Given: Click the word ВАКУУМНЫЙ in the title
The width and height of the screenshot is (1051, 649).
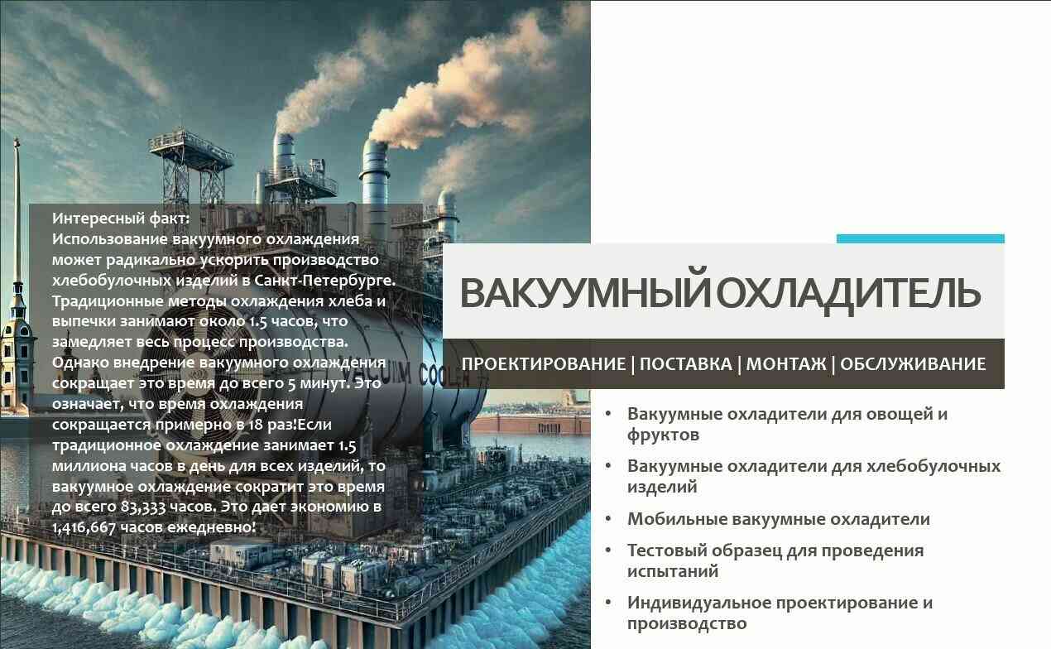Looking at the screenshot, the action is coord(585,292).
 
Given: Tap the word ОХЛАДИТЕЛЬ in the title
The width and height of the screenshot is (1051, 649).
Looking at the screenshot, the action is coord(849,294).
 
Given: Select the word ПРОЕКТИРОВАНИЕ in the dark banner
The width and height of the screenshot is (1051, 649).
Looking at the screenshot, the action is coord(544,364).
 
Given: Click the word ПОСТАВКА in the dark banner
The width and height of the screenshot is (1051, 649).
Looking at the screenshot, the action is coord(686,364).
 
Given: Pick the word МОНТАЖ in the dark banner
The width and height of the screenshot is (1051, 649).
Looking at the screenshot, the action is coord(786,364).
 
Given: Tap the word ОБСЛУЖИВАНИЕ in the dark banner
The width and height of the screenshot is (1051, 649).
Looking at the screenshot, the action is coord(913,364).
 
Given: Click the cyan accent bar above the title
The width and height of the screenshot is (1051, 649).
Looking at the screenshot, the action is coord(920,238).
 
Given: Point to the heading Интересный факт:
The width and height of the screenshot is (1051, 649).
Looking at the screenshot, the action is coord(121,219).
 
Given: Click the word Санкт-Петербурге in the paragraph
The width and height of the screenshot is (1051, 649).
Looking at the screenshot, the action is coord(324,281).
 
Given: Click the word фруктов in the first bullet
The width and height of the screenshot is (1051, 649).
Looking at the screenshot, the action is coord(663,435).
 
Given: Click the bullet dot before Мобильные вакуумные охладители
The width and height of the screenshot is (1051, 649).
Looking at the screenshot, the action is coord(608,518).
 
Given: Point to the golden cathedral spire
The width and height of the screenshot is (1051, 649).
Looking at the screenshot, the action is coord(17,211).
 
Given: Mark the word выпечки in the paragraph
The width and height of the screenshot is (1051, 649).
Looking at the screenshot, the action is coord(84,322).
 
